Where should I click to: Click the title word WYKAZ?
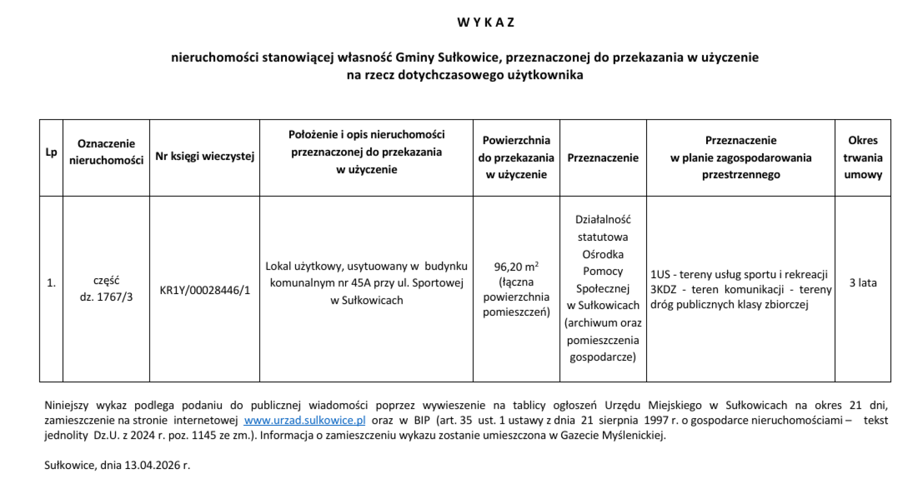[x=486, y=23]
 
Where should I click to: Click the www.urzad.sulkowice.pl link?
[x=304, y=420]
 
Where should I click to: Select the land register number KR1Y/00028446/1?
[x=205, y=290]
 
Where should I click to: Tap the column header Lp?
[x=51, y=152]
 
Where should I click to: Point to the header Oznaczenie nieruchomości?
[x=106, y=152]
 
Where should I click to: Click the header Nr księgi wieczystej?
[x=205, y=156]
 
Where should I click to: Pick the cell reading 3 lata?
[x=863, y=283]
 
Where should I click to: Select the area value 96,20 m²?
[x=516, y=267]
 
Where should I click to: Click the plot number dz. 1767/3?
[x=106, y=297]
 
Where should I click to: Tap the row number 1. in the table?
[x=51, y=284]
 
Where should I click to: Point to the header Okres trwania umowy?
[x=863, y=157]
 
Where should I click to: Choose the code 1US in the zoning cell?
[x=660, y=274]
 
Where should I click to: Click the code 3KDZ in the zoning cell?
[x=663, y=290]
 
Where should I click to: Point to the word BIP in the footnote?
[x=422, y=420]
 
